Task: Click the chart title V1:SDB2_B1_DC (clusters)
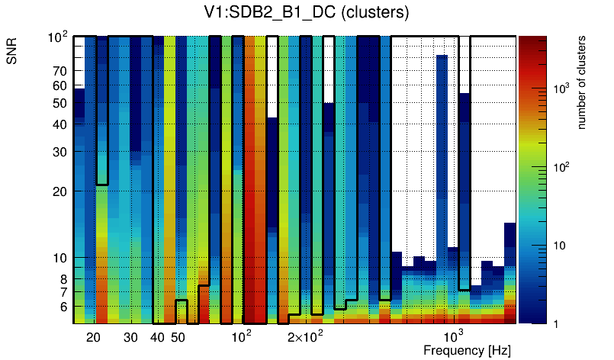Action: [x=307, y=13]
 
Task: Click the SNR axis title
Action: [x=12, y=52]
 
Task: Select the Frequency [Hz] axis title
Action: [x=467, y=350]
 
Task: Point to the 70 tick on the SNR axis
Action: [x=59, y=71]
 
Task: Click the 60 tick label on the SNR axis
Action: [x=59, y=85]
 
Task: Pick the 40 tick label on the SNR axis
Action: [x=59, y=124]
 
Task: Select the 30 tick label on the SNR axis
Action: [x=59, y=152]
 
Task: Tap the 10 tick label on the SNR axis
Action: [x=59, y=258]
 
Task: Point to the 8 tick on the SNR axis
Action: [x=63, y=279]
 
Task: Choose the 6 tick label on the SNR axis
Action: [x=63, y=307]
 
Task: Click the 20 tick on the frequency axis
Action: [x=94, y=337]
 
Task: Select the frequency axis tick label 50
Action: [x=178, y=337]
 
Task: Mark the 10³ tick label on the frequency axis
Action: [x=454, y=336]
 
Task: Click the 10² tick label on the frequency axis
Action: [x=241, y=336]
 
